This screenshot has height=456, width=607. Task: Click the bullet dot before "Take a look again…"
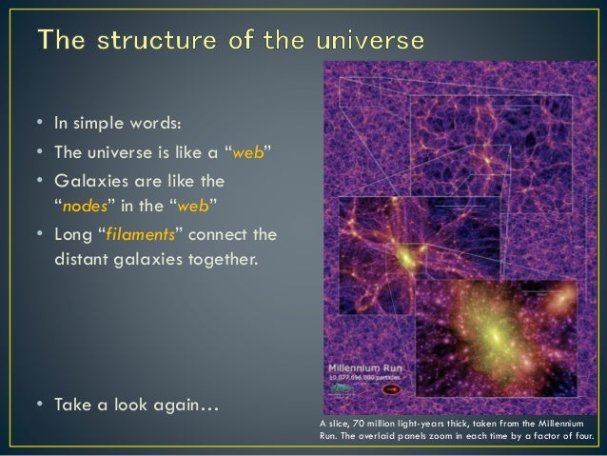coord(30,407)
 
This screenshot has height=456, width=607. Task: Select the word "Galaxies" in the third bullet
coord(85,180)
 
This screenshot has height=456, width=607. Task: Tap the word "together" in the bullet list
coord(219,255)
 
